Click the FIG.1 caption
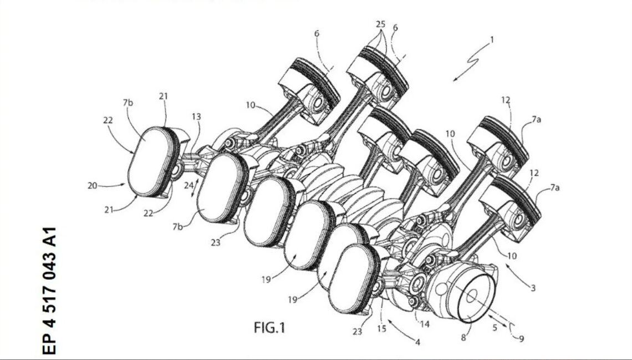(269, 328)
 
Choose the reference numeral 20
(93, 186)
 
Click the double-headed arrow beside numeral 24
(195, 189)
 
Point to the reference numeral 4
(417, 342)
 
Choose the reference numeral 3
(532, 288)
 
